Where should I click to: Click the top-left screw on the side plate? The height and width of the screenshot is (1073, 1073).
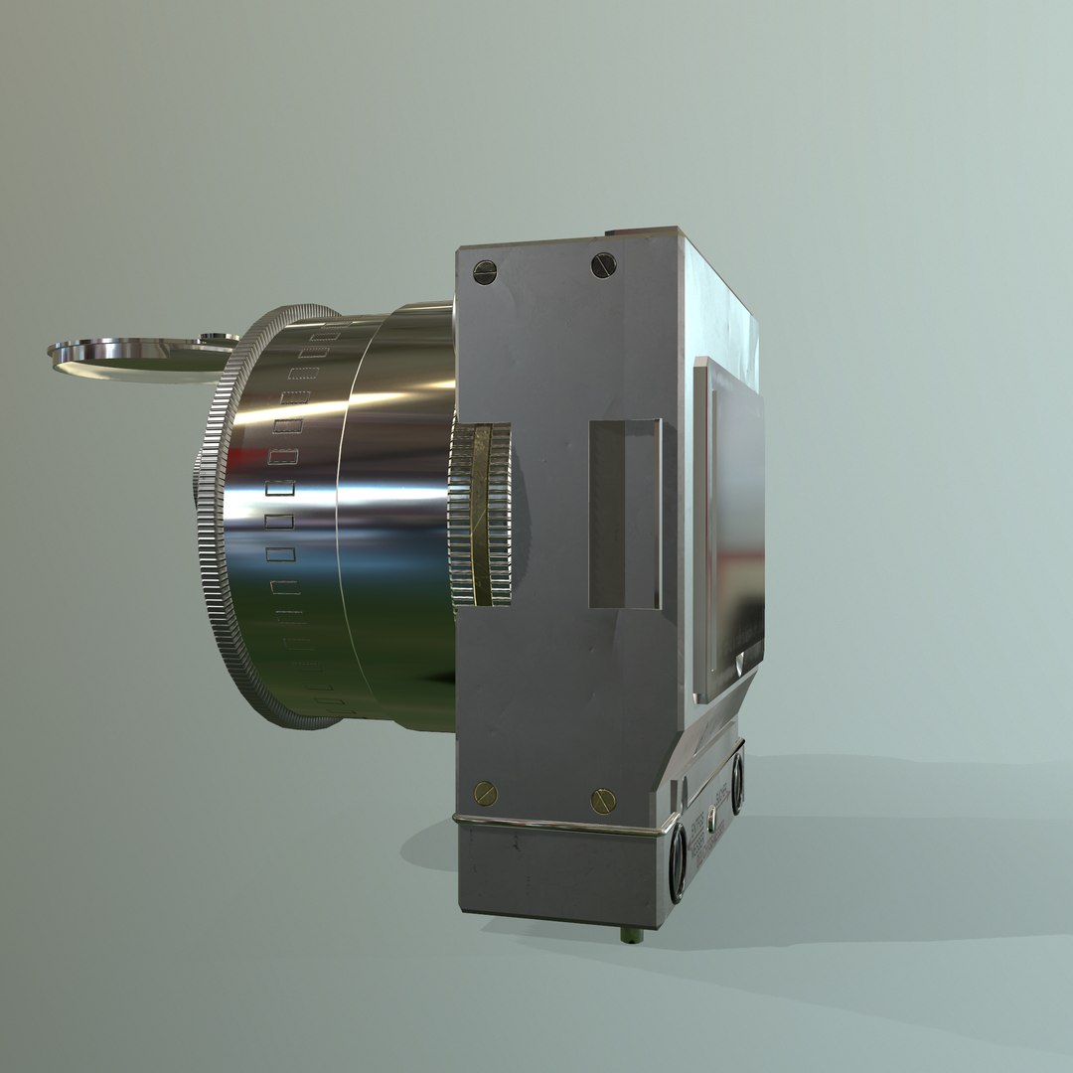(x=484, y=272)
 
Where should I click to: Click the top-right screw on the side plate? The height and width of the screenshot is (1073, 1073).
(x=603, y=265)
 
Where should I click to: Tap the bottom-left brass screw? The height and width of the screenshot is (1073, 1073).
(x=486, y=793)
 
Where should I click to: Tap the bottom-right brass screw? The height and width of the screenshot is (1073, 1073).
(x=603, y=801)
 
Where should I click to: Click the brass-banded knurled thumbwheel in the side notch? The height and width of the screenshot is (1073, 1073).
(x=481, y=514)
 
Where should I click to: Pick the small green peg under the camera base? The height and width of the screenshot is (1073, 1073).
(x=629, y=935)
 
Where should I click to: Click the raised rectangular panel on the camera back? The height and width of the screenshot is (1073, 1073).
(x=730, y=527)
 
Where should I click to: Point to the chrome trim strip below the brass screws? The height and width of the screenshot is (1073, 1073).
(x=556, y=825)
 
